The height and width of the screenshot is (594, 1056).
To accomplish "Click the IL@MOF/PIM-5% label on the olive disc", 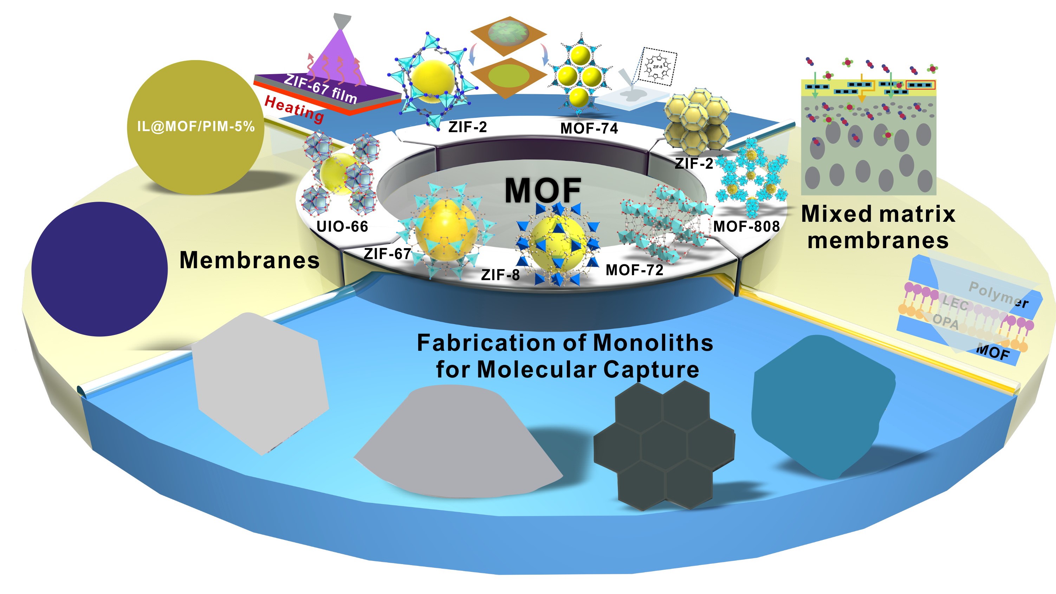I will [x=196, y=126].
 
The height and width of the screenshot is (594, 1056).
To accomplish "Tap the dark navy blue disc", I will [x=99, y=269].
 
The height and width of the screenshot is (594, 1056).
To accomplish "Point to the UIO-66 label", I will [x=342, y=226].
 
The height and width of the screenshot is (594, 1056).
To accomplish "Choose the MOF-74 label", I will [x=589, y=129].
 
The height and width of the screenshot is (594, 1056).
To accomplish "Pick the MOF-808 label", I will [x=746, y=226].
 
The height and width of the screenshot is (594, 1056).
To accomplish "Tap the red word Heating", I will [x=294, y=109].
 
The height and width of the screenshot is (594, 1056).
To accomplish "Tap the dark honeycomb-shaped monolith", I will [x=664, y=447].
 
